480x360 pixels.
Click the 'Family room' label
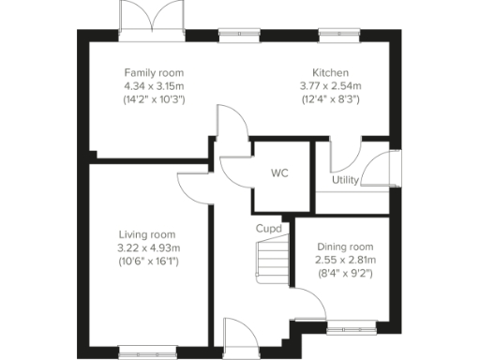(154, 72)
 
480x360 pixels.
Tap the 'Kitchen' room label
(331, 72)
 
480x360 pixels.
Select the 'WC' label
(279, 173)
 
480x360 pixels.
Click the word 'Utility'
(345, 180)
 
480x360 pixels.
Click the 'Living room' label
(147, 234)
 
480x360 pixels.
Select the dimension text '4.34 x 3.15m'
(154, 85)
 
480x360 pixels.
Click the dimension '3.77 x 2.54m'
(331, 85)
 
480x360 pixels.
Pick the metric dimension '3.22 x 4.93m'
(147, 247)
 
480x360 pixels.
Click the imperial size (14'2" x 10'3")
(154, 98)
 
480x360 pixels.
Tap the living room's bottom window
(140, 352)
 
